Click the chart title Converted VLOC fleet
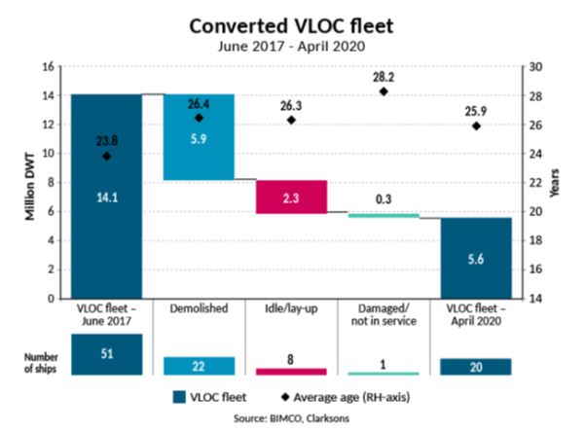click(x=292, y=23)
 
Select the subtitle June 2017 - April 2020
click(x=292, y=45)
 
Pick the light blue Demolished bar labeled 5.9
click(x=199, y=136)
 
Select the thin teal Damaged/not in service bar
click(x=384, y=215)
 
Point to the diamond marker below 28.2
click(x=384, y=91)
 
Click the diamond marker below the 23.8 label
click(x=106, y=156)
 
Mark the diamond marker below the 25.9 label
click(x=476, y=126)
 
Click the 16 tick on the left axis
click(x=47, y=67)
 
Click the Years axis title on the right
click(x=557, y=182)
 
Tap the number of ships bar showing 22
click(x=199, y=366)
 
